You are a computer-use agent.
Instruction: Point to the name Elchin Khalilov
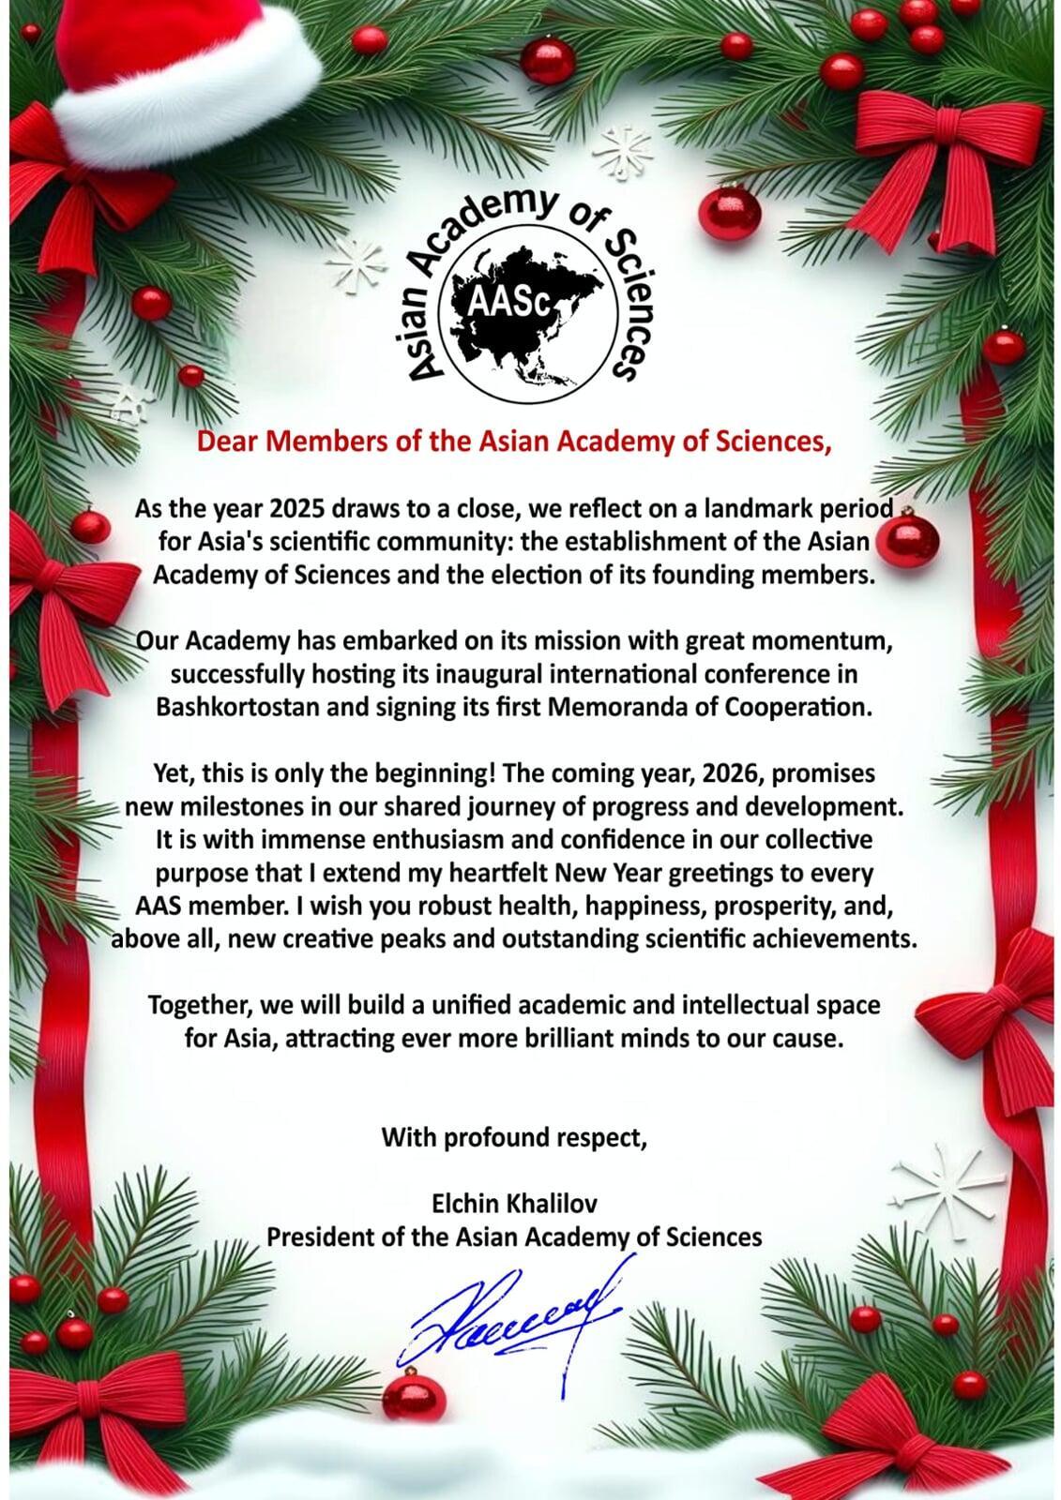coord(514,1203)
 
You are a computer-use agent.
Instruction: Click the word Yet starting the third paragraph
coord(171,774)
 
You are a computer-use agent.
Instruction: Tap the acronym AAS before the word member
coord(155,907)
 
